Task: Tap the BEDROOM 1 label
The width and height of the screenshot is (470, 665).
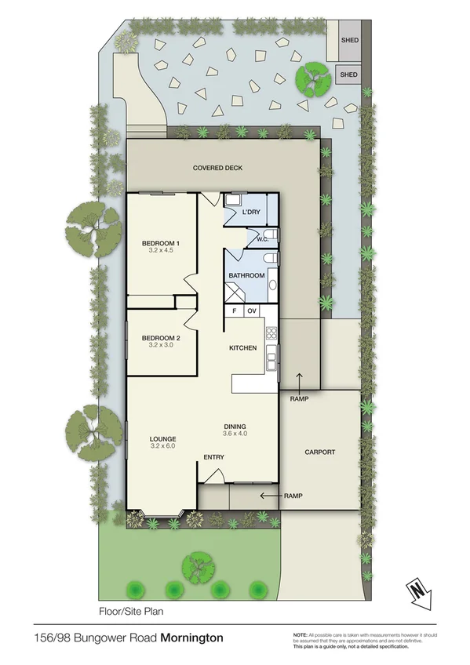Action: click(x=161, y=244)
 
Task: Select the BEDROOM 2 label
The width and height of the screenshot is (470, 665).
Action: click(x=161, y=338)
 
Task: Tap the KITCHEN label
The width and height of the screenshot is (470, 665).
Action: click(x=242, y=347)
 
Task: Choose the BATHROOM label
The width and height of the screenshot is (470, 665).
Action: click(x=245, y=276)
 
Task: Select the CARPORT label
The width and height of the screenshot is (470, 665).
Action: click(x=319, y=452)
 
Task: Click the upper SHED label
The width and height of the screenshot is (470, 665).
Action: click(x=349, y=38)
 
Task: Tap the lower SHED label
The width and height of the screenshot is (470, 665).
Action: click(x=348, y=74)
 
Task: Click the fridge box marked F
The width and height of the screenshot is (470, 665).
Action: click(x=234, y=311)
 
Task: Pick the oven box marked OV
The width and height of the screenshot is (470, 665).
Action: click(x=252, y=311)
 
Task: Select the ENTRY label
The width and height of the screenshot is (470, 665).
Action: click(x=213, y=457)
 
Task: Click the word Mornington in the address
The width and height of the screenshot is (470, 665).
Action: click(x=191, y=638)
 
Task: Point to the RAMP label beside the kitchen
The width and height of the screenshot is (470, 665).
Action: click(x=299, y=399)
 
